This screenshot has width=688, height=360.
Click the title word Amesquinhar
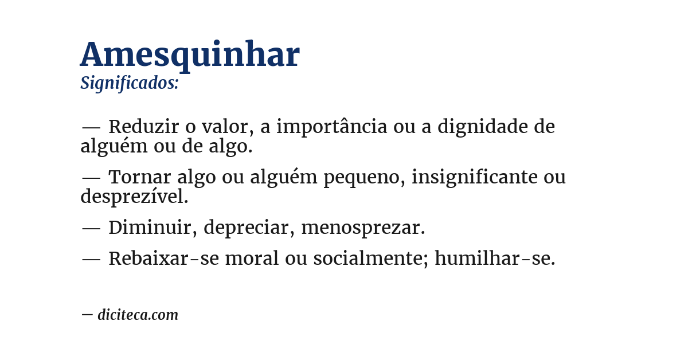coord(190,55)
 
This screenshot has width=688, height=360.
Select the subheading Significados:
coord(130,83)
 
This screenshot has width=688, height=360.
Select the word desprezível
coord(134,197)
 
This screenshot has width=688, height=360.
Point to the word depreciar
coord(246,228)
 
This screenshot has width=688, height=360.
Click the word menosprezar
coord(363,228)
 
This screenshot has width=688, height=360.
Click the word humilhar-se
coord(495,259)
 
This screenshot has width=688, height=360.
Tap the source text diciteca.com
coord(138,315)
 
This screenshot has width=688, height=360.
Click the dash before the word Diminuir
coord(91,228)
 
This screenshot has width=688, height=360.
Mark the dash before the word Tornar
coord(91,178)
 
